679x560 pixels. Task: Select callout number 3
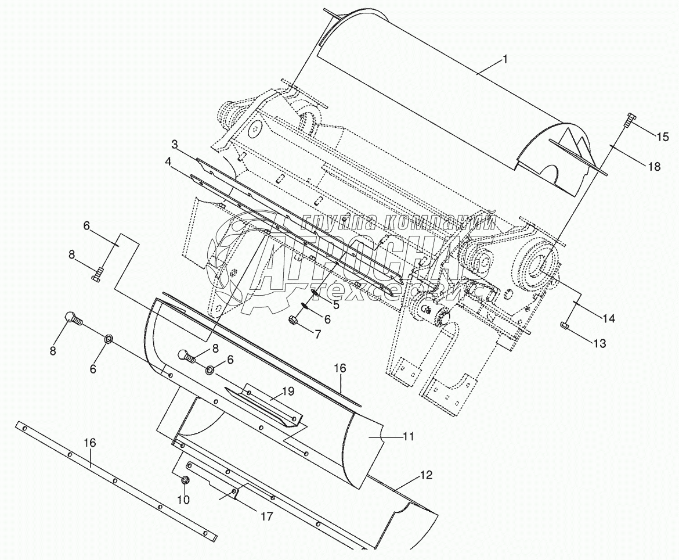click(x=175, y=143)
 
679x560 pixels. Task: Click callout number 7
click(x=317, y=334)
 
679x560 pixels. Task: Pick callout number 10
click(x=183, y=499)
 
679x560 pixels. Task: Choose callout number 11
click(x=409, y=436)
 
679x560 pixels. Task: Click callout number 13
click(x=599, y=343)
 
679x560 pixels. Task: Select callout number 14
click(x=608, y=318)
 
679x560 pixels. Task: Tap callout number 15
click(x=662, y=137)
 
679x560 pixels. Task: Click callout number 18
click(x=653, y=166)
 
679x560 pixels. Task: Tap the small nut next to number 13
click(x=565, y=325)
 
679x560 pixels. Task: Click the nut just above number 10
click(x=185, y=480)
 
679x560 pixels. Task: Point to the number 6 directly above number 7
click(x=327, y=319)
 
